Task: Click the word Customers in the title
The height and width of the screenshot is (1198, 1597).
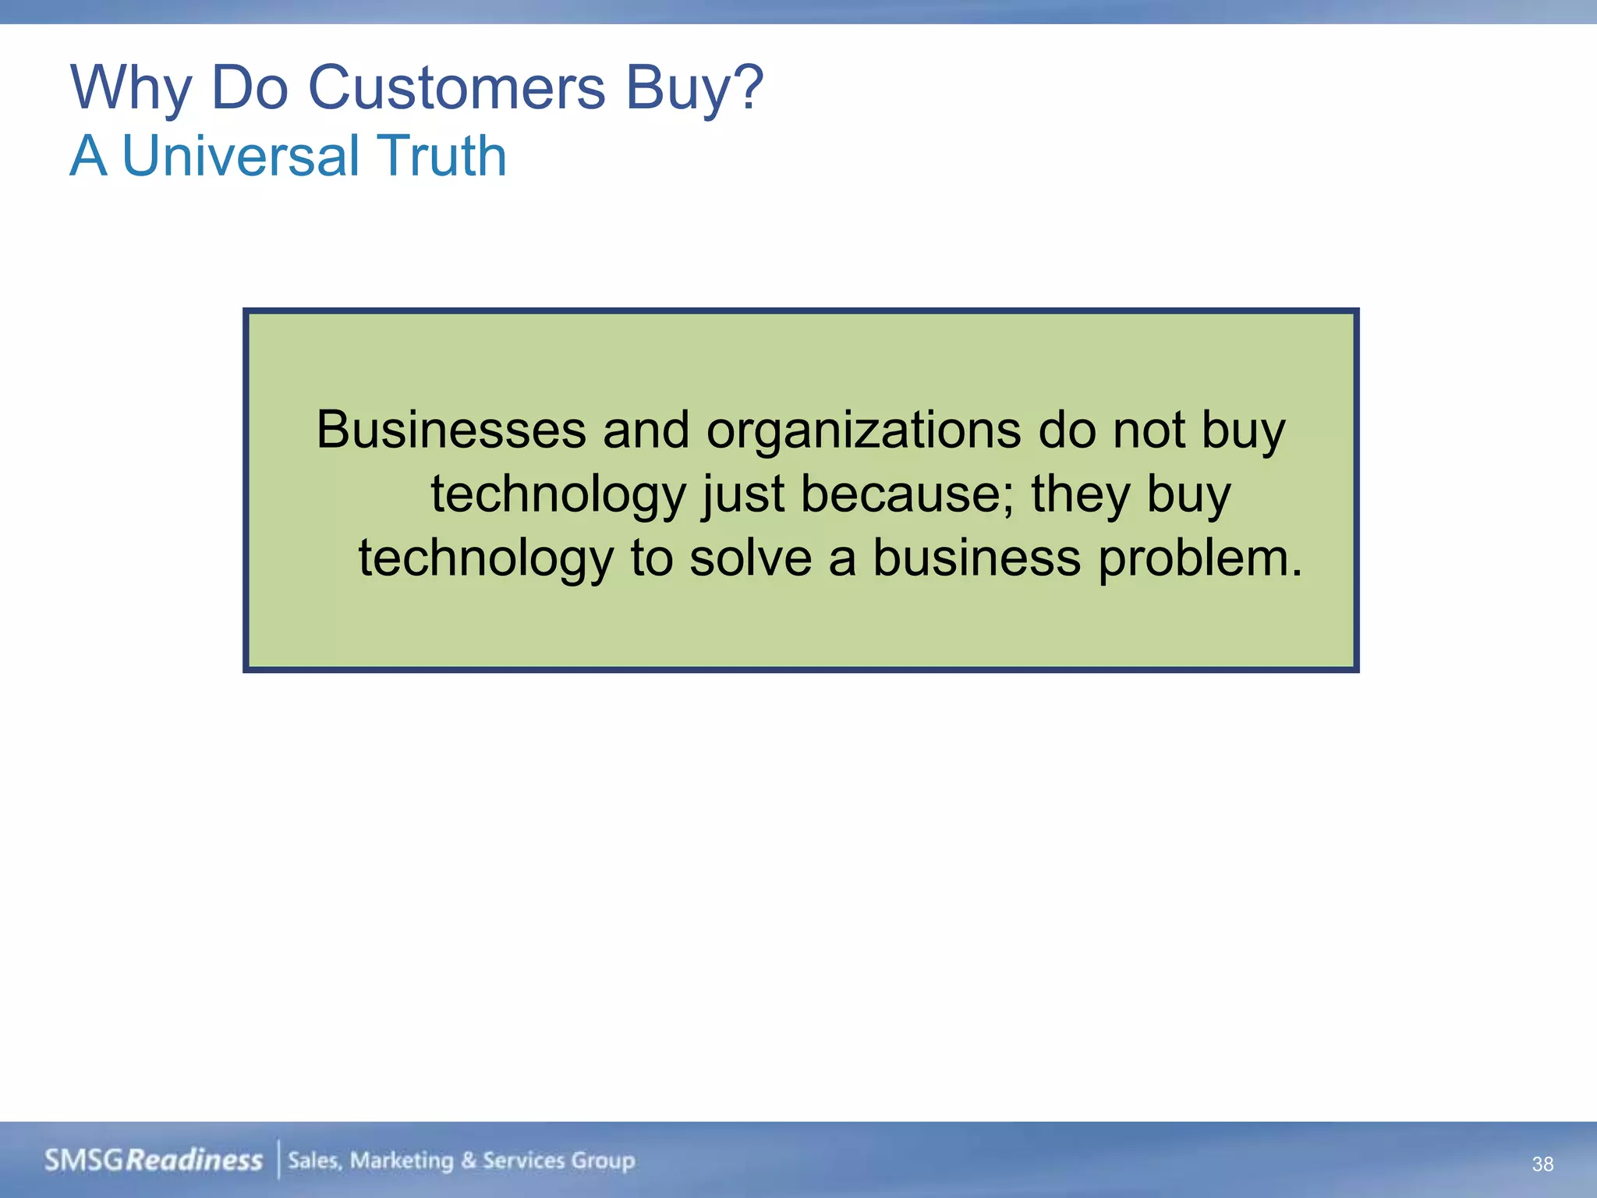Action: click(x=456, y=87)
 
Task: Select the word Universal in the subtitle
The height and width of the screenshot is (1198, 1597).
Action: click(x=240, y=156)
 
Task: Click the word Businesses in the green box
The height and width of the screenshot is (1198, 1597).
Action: click(x=451, y=430)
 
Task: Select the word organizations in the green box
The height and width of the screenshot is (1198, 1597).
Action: click(x=863, y=431)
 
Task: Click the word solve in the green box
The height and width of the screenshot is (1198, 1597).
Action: click(x=750, y=558)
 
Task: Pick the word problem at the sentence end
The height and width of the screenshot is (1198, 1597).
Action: click(x=1199, y=559)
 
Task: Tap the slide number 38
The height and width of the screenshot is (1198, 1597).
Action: click(x=1542, y=1164)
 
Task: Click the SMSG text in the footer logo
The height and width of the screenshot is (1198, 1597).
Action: click(x=84, y=1161)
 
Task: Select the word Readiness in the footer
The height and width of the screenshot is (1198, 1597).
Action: click(x=194, y=1161)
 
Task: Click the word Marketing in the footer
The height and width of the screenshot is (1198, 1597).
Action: click(x=401, y=1161)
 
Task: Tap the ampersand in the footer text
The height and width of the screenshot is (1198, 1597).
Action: click(x=468, y=1161)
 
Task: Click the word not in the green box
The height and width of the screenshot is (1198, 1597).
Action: click(x=1149, y=430)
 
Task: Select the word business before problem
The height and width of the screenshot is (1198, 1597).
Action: click(x=976, y=558)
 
